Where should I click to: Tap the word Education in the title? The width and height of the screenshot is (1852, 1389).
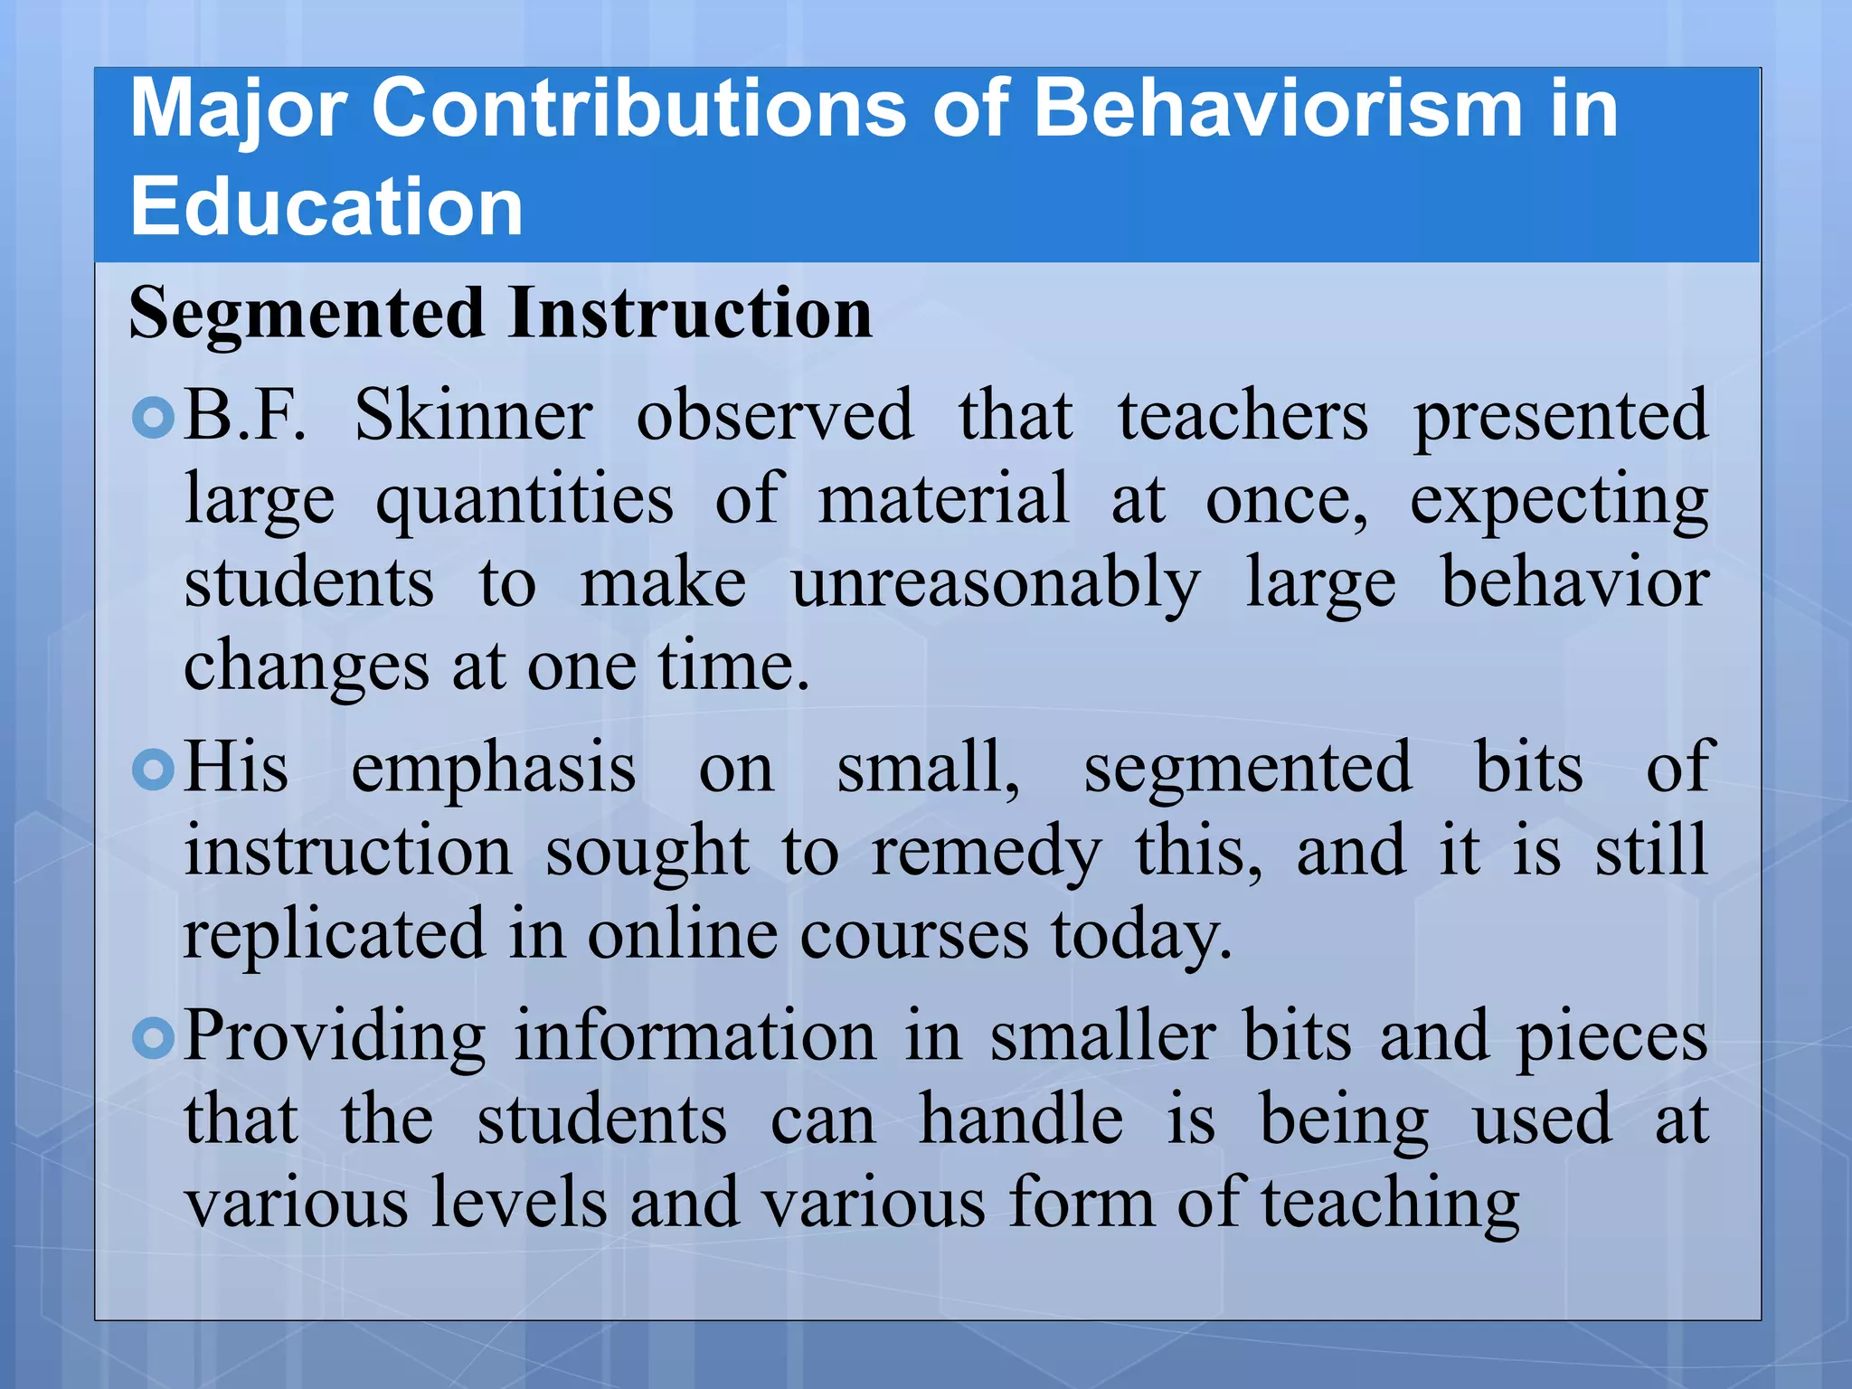tap(326, 207)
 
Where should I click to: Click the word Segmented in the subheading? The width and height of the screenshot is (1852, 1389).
tap(307, 313)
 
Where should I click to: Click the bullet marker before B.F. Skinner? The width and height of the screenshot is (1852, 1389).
tap(153, 418)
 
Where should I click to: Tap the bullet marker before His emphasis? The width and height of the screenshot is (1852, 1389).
tap(153, 770)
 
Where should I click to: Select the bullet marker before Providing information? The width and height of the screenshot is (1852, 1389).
tap(153, 1039)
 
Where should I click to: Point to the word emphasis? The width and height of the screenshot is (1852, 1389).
tap(494, 770)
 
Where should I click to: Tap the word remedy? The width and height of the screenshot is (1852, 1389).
tap(986, 853)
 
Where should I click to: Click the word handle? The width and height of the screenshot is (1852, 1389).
tap(1021, 1120)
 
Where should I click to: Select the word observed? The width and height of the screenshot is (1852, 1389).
tap(774, 416)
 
